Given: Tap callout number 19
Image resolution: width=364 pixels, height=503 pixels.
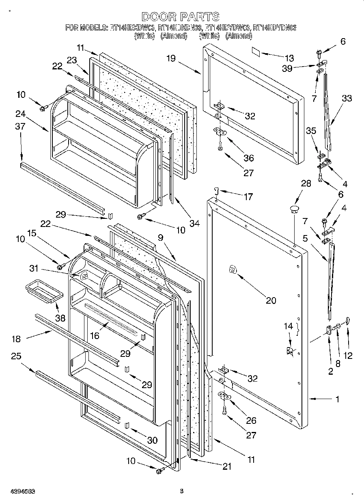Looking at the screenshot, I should [170, 58].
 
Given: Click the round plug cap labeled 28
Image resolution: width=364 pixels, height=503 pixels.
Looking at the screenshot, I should [294, 209].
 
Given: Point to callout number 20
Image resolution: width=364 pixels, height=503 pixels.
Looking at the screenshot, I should [271, 300].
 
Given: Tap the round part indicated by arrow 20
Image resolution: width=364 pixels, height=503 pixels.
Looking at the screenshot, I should [233, 269].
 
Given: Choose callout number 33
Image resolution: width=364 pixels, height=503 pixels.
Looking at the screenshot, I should [347, 98].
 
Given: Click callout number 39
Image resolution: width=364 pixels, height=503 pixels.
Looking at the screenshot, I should [287, 69].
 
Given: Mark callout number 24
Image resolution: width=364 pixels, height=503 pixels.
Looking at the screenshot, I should [21, 114].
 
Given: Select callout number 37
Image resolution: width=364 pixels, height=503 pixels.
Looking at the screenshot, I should [20, 126].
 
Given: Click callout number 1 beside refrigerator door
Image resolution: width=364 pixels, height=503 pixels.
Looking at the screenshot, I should [337, 399].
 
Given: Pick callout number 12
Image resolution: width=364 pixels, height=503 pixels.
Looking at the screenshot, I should [348, 356].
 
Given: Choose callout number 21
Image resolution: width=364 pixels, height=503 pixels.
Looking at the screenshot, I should [227, 467].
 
